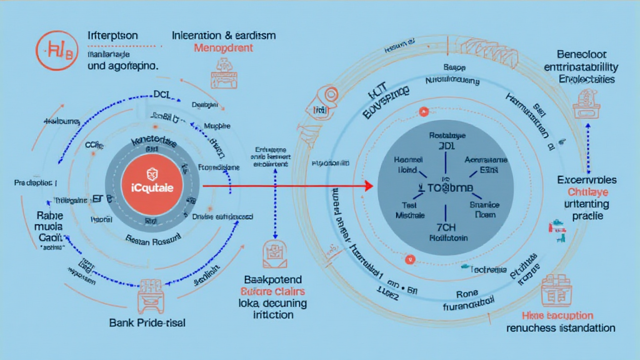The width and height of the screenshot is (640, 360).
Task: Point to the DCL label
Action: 162,94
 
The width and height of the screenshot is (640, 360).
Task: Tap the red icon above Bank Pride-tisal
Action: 151,295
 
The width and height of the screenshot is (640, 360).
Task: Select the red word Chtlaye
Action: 587,191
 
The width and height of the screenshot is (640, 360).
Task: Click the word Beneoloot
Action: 581,55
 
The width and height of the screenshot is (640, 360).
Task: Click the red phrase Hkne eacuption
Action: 558,316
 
